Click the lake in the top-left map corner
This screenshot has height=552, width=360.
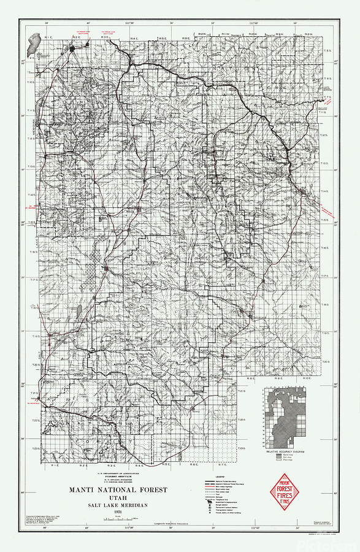click(x=32, y=45)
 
